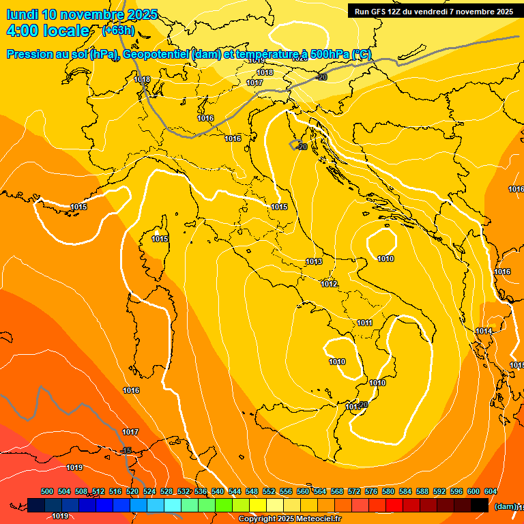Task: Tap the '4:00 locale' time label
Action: point(48,31)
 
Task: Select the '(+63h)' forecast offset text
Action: point(119,30)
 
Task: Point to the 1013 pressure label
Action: point(314,261)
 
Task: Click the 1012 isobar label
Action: point(329,284)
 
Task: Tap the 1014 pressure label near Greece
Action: point(484,331)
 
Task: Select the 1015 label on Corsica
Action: point(160,239)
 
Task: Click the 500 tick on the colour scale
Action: point(47,491)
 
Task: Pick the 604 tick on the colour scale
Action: point(490,491)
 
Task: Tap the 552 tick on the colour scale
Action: point(269,491)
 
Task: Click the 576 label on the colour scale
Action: point(371,491)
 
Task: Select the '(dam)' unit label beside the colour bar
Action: point(506,506)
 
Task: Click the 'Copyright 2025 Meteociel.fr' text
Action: point(289,519)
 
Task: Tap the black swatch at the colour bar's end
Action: point(479,505)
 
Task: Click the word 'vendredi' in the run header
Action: point(441,11)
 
